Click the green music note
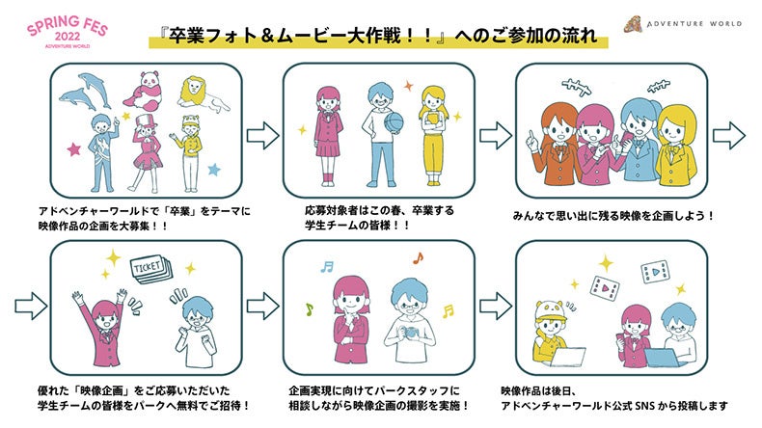coord(309,309)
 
